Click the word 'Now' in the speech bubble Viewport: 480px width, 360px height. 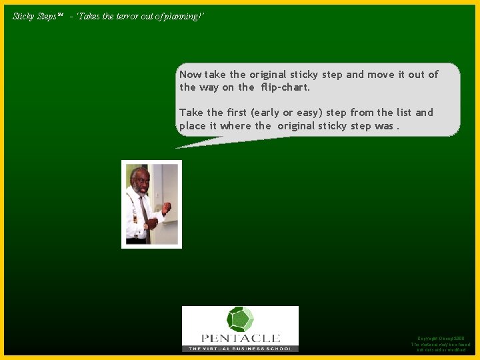[x=191, y=75]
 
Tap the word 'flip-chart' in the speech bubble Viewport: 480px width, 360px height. [x=285, y=87]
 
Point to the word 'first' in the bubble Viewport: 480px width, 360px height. [x=237, y=113]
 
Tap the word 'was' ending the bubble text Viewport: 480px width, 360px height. [x=384, y=125]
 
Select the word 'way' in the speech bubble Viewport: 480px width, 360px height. [x=209, y=87]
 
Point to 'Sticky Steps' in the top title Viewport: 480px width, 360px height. [x=35, y=16]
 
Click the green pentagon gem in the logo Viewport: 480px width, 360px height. [x=240, y=319]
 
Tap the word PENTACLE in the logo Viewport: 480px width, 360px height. [x=240, y=338]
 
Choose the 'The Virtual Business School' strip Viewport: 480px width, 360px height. [x=240, y=348]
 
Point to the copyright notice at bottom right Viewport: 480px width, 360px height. [x=441, y=344]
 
